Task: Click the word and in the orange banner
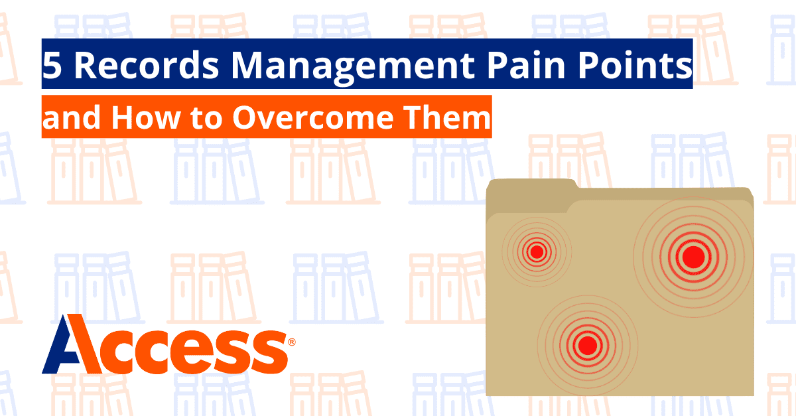click(74, 118)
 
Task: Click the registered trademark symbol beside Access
click(292, 342)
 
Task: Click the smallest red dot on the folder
click(537, 252)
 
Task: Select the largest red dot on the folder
click(693, 255)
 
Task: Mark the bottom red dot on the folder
click(587, 345)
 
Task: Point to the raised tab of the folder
click(531, 190)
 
